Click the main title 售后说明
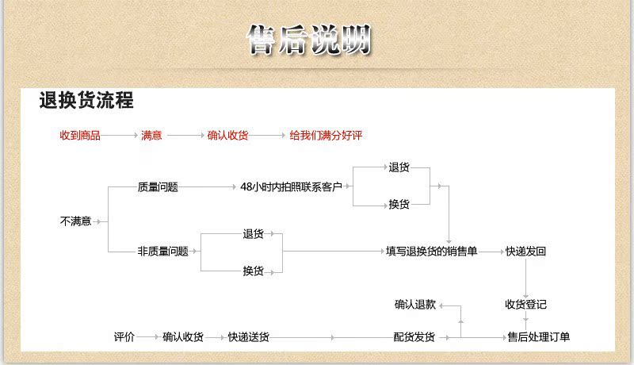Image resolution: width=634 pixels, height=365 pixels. (x=309, y=39)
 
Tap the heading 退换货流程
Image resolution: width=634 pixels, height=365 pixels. (x=86, y=100)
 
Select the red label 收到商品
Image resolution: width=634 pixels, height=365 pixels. (x=80, y=135)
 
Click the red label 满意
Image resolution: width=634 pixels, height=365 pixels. (x=151, y=135)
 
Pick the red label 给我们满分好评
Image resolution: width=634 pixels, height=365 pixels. (x=326, y=135)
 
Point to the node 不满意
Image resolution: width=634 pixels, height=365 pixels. (x=75, y=221)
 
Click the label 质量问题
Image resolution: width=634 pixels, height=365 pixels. (x=158, y=187)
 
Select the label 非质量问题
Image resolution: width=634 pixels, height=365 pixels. (x=163, y=252)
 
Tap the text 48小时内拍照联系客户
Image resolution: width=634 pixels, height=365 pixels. (x=291, y=186)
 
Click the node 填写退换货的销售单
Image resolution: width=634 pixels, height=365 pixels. (x=431, y=252)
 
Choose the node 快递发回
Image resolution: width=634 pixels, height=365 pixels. (x=525, y=252)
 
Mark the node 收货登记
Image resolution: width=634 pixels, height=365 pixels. (x=525, y=305)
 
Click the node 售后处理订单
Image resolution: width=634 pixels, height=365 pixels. (x=539, y=336)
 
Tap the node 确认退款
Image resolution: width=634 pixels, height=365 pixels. (x=415, y=305)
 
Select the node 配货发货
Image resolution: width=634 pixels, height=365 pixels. (x=414, y=336)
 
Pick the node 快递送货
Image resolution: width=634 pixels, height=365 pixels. (x=249, y=336)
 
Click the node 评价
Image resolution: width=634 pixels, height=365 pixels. (x=124, y=336)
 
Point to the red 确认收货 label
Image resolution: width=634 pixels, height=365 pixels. (x=227, y=135)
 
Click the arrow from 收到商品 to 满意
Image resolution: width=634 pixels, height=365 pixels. (x=120, y=135)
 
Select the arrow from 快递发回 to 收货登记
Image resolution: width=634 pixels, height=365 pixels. (x=525, y=279)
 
